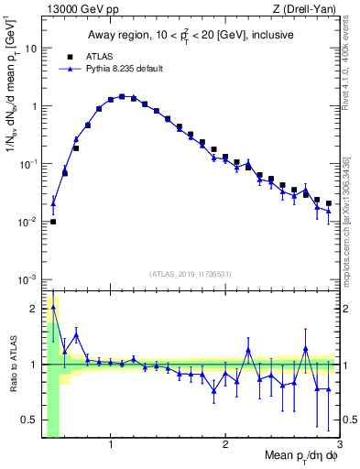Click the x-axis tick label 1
click(x=111, y=444)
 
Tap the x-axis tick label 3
click(x=339, y=444)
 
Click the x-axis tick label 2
click(x=225, y=444)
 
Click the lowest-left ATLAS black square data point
click(x=53, y=221)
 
